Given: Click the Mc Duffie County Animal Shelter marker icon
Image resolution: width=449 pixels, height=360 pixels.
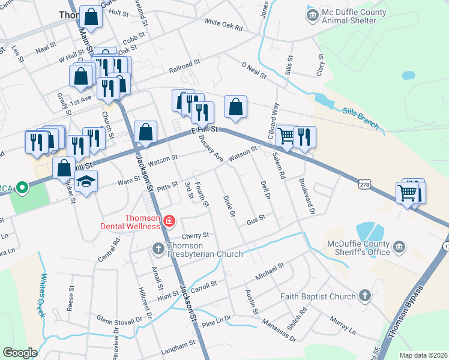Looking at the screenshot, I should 312,14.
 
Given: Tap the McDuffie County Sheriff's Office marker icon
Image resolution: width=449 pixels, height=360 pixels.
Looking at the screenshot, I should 399,247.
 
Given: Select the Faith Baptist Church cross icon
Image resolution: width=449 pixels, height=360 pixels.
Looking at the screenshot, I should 364,295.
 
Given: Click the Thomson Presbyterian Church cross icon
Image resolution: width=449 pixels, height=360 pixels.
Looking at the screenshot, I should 158,248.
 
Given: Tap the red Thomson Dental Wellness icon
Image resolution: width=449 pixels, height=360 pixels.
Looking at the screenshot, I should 169,221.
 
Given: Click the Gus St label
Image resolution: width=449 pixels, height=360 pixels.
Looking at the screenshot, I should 256,221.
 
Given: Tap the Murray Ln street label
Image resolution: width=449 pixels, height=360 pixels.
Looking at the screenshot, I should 343,329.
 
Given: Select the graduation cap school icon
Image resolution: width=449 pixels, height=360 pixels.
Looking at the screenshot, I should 86,182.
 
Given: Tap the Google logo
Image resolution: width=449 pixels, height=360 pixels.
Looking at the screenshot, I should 19,352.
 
